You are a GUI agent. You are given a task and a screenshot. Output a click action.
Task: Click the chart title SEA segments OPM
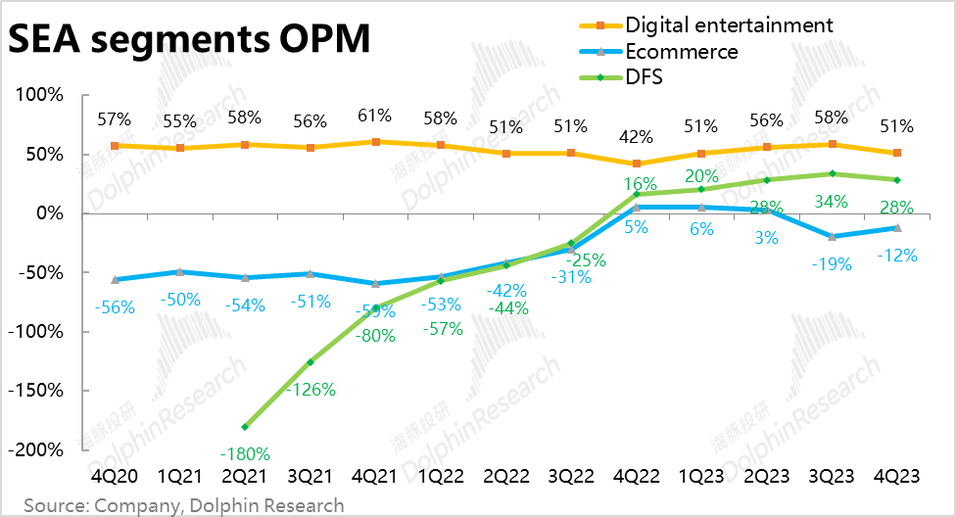(190, 41)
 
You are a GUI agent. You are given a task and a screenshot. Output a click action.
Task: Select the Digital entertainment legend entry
(729, 24)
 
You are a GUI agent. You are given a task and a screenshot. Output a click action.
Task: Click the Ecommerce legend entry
(682, 51)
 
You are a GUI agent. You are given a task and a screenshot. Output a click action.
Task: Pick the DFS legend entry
(644, 76)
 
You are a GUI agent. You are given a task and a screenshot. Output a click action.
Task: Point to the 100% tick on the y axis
(40, 96)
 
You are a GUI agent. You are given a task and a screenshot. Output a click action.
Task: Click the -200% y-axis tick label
(37, 449)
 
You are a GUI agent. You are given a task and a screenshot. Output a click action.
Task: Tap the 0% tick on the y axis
(50, 213)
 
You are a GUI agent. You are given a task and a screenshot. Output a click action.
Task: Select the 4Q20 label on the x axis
(114, 476)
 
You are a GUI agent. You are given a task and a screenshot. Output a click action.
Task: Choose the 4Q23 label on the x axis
(897, 476)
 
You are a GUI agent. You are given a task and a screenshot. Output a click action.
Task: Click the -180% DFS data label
(246, 453)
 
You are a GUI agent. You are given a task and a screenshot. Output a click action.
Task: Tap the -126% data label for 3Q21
(311, 389)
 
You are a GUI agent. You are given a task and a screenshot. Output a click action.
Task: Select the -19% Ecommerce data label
(832, 263)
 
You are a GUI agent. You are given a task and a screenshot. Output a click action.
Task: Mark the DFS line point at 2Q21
(245, 427)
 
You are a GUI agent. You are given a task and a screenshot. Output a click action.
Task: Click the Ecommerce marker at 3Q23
(832, 236)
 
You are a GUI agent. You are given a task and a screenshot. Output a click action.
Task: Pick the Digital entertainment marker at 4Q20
(115, 146)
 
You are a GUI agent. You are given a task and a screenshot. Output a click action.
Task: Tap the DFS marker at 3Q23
(832, 173)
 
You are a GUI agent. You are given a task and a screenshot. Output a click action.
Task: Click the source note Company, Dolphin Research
(184, 505)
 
